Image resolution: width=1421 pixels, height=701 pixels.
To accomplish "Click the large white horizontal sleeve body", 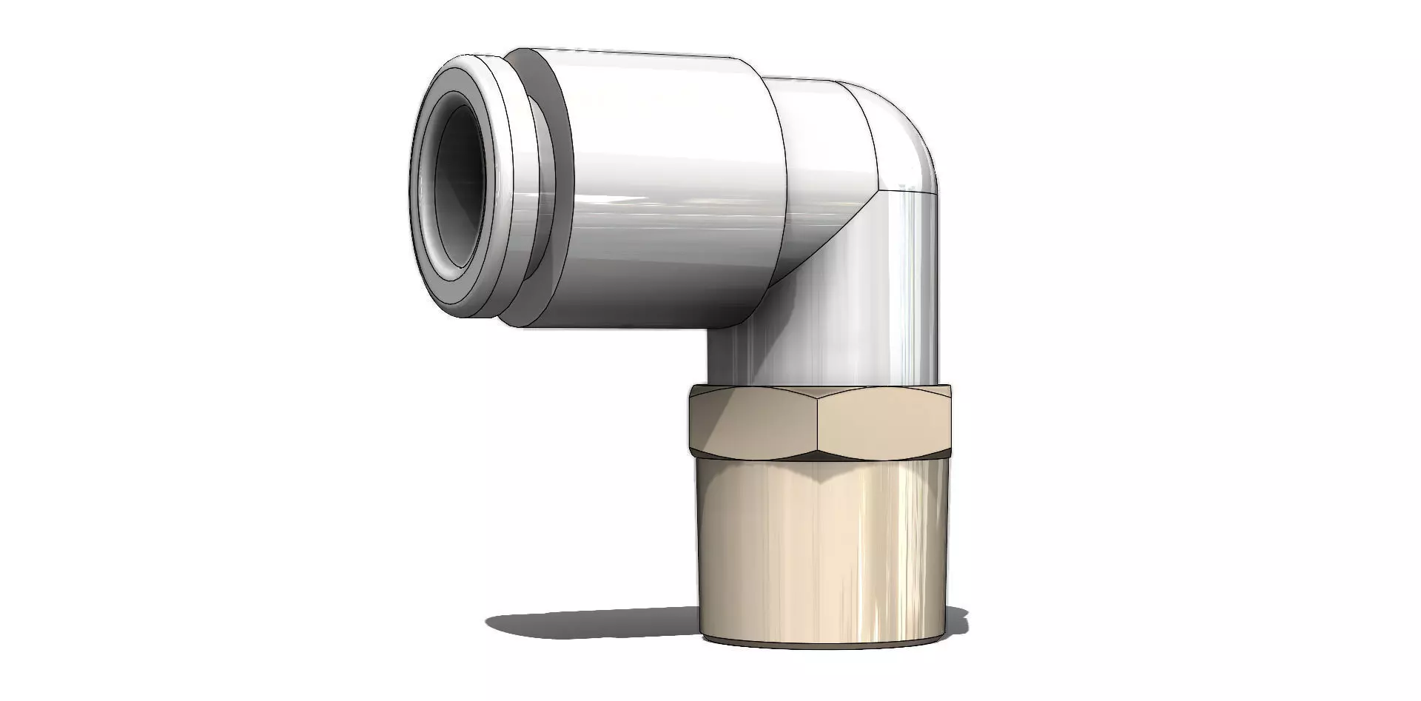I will [666, 185].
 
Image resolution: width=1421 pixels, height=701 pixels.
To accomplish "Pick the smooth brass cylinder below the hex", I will [822, 548].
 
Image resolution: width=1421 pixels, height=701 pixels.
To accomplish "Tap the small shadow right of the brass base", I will [958, 622].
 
